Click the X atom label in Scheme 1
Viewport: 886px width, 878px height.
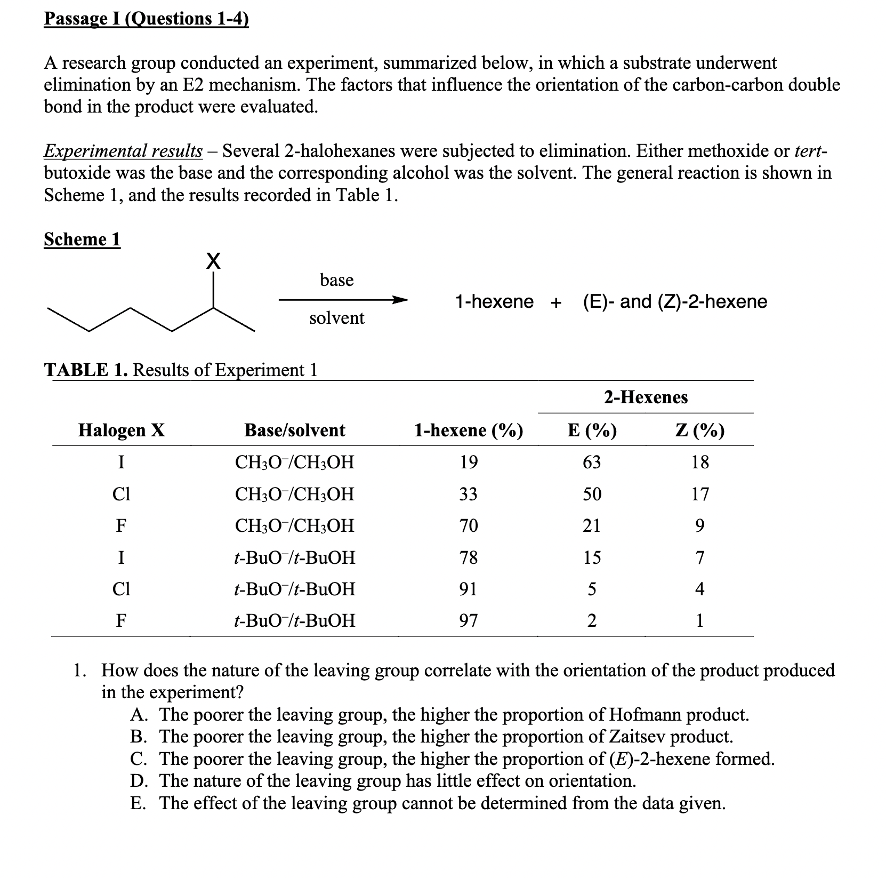(x=213, y=261)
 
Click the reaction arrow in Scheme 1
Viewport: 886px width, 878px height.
(x=343, y=299)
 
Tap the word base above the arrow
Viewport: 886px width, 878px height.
(x=336, y=280)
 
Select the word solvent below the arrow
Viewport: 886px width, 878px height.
(x=337, y=318)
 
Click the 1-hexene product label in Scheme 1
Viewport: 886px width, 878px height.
(x=494, y=301)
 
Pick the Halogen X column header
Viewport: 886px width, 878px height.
(x=122, y=430)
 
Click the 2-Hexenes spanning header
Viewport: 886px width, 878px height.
(x=646, y=397)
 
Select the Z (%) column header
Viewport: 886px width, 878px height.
(x=699, y=430)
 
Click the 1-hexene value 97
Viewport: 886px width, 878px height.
(x=469, y=620)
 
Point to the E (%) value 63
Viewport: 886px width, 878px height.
(x=591, y=462)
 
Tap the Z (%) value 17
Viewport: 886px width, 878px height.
(x=699, y=494)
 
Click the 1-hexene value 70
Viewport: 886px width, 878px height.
(x=469, y=526)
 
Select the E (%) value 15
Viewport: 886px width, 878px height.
(x=591, y=558)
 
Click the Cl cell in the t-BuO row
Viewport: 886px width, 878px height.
(x=121, y=589)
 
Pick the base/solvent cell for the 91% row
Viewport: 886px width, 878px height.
(x=294, y=589)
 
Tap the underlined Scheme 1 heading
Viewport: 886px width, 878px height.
(x=82, y=239)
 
